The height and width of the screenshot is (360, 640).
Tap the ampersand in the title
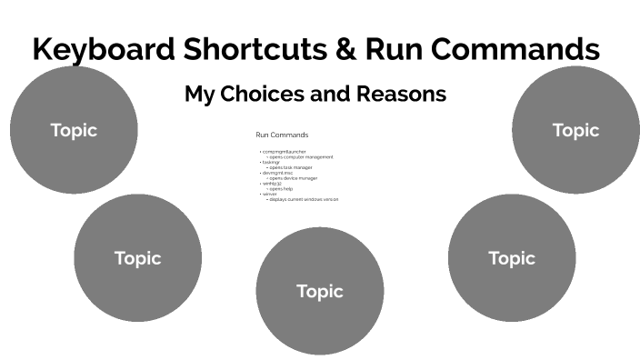click(x=346, y=49)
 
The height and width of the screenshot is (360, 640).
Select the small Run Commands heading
click(x=282, y=135)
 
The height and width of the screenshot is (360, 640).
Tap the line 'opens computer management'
click(x=301, y=156)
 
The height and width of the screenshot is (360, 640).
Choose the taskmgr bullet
click(x=270, y=162)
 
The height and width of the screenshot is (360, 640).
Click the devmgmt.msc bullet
click(x=276, y=173)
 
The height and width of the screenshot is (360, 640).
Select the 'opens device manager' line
click(x=294, y=178)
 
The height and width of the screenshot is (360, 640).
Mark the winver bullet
click(x=269, y=194)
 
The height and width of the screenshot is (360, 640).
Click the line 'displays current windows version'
click(x=304, y=199)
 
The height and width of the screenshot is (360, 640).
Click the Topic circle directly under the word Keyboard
click(x=74, y=130)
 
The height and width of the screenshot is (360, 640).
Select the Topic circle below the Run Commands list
click(x=319, y=291)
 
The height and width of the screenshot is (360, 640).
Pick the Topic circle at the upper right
click(x=575, y=130)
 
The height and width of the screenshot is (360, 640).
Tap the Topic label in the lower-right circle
click(x=512, y=258)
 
